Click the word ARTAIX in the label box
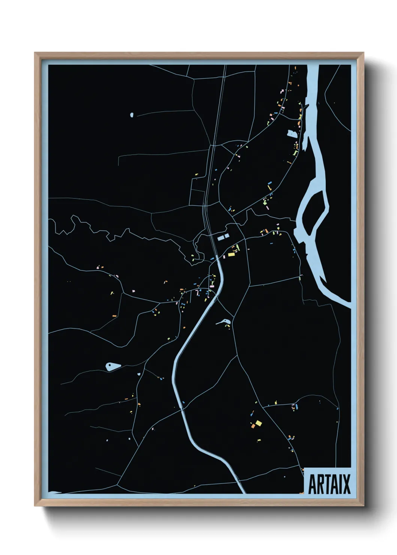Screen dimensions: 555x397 coord(329,484)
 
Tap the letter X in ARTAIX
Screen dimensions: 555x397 coord(346,484)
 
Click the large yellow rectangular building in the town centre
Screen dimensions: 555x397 coord(231,255)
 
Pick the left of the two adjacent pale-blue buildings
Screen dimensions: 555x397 coord(221,237)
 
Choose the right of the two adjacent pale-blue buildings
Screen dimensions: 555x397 coord(227,236)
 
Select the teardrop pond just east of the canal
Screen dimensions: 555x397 coord(224,321)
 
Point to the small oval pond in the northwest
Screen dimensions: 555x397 coord(131,115)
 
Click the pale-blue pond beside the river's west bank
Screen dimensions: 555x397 coord(292,133)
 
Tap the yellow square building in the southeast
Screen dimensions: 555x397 coord(259,423)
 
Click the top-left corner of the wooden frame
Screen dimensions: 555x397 coord(35,53)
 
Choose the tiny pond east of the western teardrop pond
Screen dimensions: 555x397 coord(139,374)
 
